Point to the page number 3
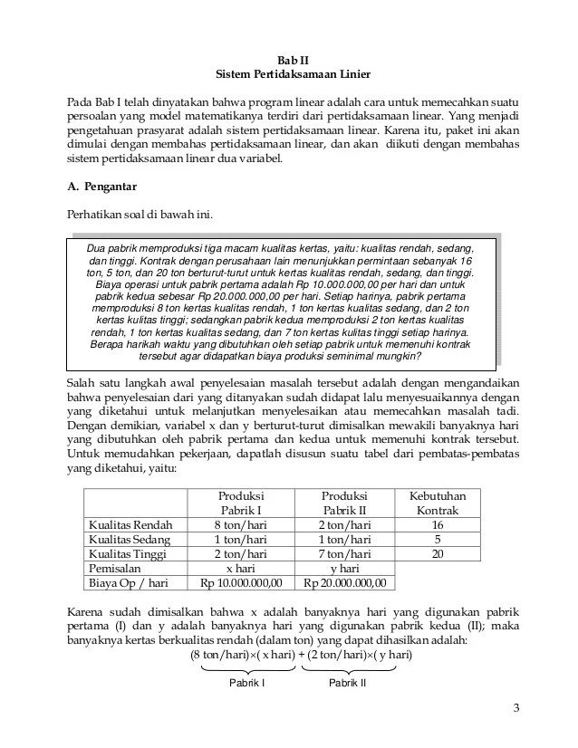tap(516, 708)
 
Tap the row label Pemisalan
tap(115, 568)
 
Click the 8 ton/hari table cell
tap(241, 524)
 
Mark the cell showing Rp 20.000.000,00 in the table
tap(344, 582)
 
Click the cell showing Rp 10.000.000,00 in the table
tap(241, 582)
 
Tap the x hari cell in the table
tap(241, 568)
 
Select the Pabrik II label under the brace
tap(347, 683)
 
